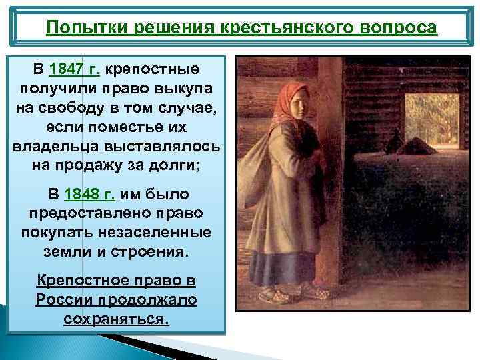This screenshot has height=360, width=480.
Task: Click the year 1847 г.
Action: pos(74,69)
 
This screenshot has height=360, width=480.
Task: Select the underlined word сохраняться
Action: pos(117,319)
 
